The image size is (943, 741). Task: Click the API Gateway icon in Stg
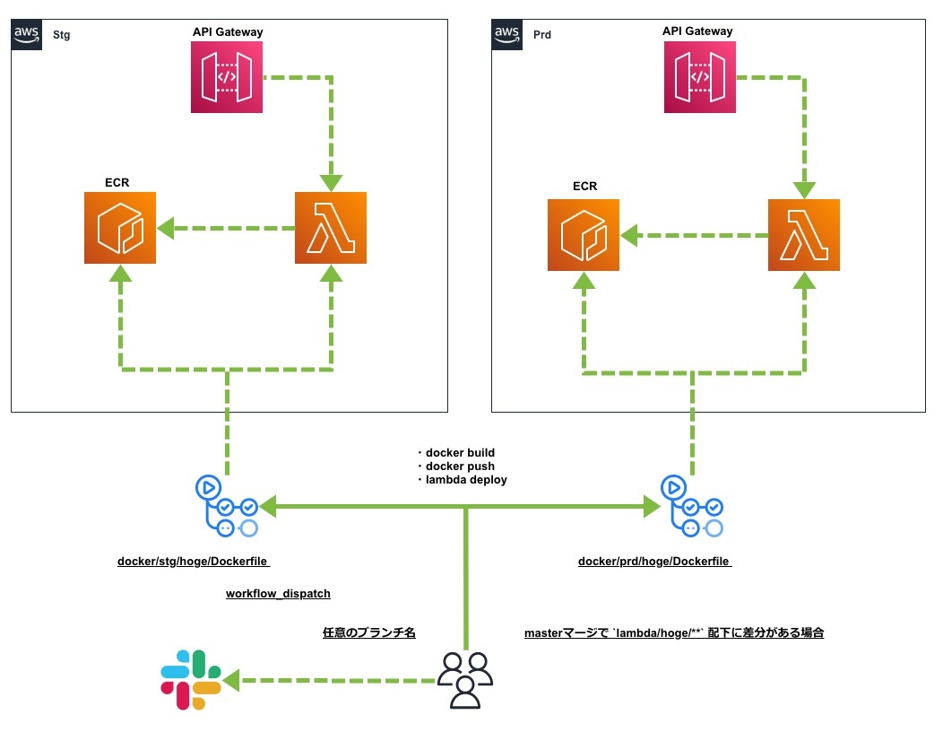click(x=227, y=78)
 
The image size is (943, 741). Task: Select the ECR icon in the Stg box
click(x=120, y=228)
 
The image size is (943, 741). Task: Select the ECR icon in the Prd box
click(x=584, y=235)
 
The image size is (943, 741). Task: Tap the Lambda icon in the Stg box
click(x=331, y=228)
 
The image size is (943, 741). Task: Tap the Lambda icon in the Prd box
click(x=804, y=235)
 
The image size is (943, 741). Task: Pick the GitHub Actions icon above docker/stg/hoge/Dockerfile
click(x=227, y=507)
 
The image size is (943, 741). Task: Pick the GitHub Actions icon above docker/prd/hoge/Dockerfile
click(x=692, y=507)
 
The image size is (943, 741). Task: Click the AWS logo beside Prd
click(x=507, y=34)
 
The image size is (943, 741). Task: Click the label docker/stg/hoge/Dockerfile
click(x=194, y=562)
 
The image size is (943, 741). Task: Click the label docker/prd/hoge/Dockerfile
click(x=654, y=562)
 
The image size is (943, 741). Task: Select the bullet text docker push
click(x=459, y=466)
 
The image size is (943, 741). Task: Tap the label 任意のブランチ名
click(x=369, y=632)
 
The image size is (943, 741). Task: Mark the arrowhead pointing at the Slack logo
click(x=232, y=681)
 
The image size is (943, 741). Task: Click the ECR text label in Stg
click(x=117, y=182)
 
